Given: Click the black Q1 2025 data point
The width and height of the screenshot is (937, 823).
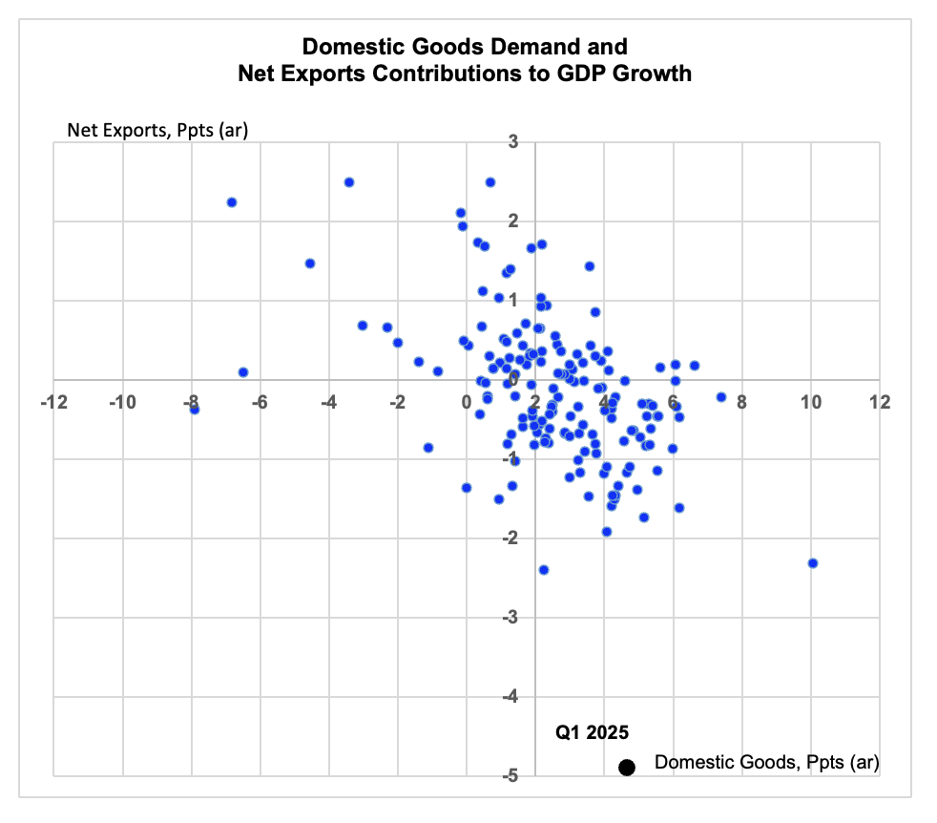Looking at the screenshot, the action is (x=626, y=768).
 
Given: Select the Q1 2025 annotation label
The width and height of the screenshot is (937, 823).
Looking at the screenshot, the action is (x=592, y=732).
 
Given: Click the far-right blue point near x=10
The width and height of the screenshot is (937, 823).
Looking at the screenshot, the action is (x=812, y=562).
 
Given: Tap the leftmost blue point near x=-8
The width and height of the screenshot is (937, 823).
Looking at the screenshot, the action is (x=195, y=409).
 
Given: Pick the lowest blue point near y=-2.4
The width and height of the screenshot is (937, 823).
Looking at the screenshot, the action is (x=544, y=570).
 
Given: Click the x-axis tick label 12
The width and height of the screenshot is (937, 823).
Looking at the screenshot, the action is (x=880, y=402).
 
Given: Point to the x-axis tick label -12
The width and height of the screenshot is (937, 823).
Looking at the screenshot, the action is (x=53, y=402).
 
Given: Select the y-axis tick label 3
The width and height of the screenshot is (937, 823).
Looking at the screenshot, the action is (x=513, y=141).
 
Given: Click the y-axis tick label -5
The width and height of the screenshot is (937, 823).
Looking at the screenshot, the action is (x=510, y=776).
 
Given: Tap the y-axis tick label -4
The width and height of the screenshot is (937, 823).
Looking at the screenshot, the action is (x=510, y=696).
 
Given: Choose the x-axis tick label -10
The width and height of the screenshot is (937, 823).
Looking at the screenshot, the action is (x=122, y=402).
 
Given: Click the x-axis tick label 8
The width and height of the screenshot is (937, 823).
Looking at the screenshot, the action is (x=741, y=402).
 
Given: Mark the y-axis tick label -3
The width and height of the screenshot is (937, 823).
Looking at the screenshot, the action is (x=510, y=617).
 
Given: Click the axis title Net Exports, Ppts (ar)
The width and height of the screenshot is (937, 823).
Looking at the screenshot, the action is (x=157, y=131).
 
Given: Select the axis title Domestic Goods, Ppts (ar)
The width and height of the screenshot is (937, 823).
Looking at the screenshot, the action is (x=767, y=763).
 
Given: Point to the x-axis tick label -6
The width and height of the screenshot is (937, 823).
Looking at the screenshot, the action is (x=260, y=402).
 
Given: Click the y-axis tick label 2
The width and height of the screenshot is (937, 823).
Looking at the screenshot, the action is (x=513, y=222).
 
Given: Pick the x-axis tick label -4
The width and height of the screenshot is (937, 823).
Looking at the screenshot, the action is (x=328, y=402).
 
